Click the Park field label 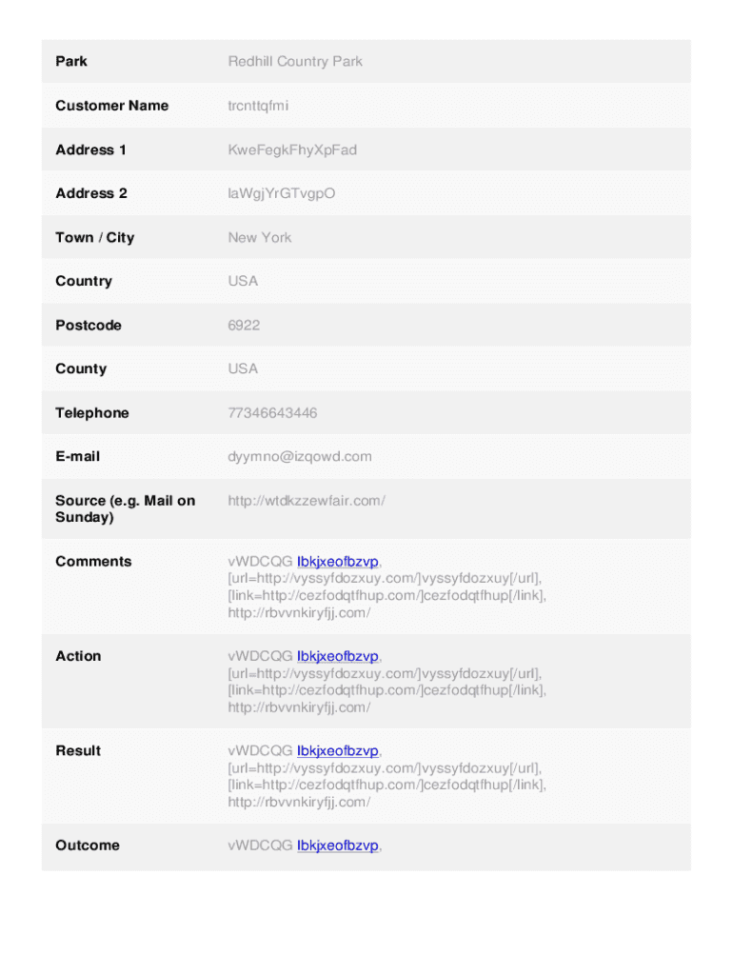(71, 62)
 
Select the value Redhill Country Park (295, 62)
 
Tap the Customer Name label (111, 106)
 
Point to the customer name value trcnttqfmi (258, 106)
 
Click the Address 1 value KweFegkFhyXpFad (292, 149)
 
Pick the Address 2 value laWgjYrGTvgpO (281, 193)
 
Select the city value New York (260, 237)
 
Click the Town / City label (94, 237)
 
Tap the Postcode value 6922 (244, 325)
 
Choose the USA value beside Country (243, 281)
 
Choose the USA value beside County (243, 368)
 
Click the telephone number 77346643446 (272, 412)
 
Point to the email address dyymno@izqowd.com (300, 456)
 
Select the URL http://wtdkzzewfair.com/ (307, 500)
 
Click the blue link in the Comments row (338, 562)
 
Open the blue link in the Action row (338, 656)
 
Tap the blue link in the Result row (338, 751)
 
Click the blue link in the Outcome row (338, 846)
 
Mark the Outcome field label (88, 846)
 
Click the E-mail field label (77, 456)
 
